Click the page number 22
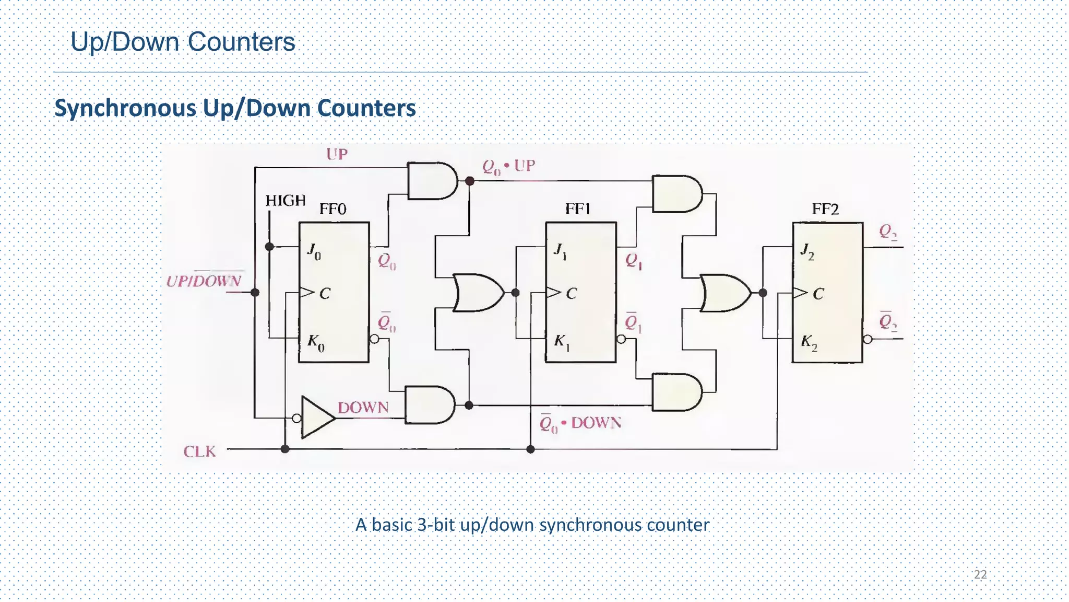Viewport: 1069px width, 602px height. coord(980,574)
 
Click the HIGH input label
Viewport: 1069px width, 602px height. coord(285,201)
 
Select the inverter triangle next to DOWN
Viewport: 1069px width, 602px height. coord(316,417)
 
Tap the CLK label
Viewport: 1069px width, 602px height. coord(199,451)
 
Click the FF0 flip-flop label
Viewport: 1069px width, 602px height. coord(332,209)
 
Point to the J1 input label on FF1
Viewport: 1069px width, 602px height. coord(560,251)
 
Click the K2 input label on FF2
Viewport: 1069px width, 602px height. coord(809,342)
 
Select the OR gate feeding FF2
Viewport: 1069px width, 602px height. coord(724,293)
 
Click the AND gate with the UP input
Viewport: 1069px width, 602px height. coord(431,181)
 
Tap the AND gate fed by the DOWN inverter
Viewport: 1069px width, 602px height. coord(429,404)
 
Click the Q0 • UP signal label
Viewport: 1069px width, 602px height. coord(508,167)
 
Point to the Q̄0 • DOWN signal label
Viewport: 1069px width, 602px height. coord(580,423)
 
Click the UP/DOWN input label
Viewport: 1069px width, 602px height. coord(204,281)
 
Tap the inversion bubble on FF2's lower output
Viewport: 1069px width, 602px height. coord(868,339)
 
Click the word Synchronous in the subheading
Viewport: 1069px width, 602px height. coord(125,108)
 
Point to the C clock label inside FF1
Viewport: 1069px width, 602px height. coord(571,294)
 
